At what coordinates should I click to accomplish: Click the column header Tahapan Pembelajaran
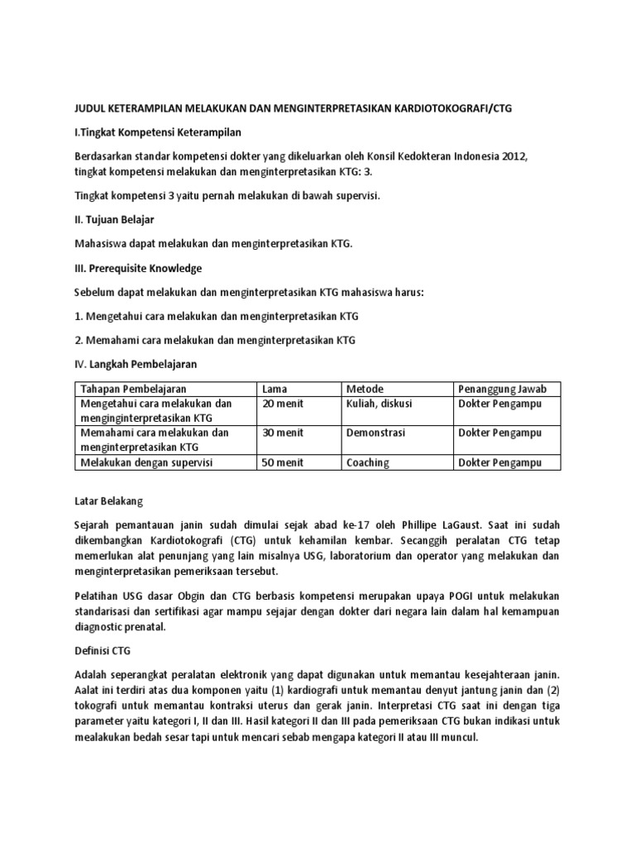[x=133, y=389]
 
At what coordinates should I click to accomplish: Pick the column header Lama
[x=275, y=389]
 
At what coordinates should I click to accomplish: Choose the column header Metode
[x=365, y=389]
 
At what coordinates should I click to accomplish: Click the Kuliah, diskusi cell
[x=380, y=404]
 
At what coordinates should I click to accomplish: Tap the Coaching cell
[x=368, y=462]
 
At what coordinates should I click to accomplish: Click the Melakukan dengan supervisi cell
[x=146, y=462]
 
